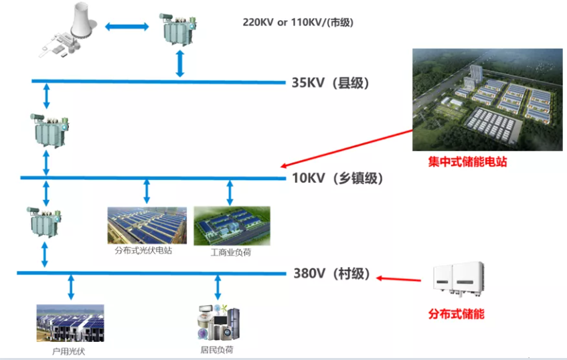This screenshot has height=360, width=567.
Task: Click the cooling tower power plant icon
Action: [x=67, y=30]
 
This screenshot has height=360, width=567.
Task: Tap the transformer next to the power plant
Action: [x=178, y=29]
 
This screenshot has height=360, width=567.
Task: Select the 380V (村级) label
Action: [x=331, y=274]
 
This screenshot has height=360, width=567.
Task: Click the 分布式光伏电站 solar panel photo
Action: [x=147, y=225]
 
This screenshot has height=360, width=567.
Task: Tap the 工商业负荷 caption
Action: [x=230, y=253]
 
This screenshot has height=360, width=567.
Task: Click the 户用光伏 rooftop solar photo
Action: [x=70, y=323]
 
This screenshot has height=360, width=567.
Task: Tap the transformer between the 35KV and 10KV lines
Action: [x=46, y=131]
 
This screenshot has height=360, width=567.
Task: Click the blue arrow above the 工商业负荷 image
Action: [x=230, y=192]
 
